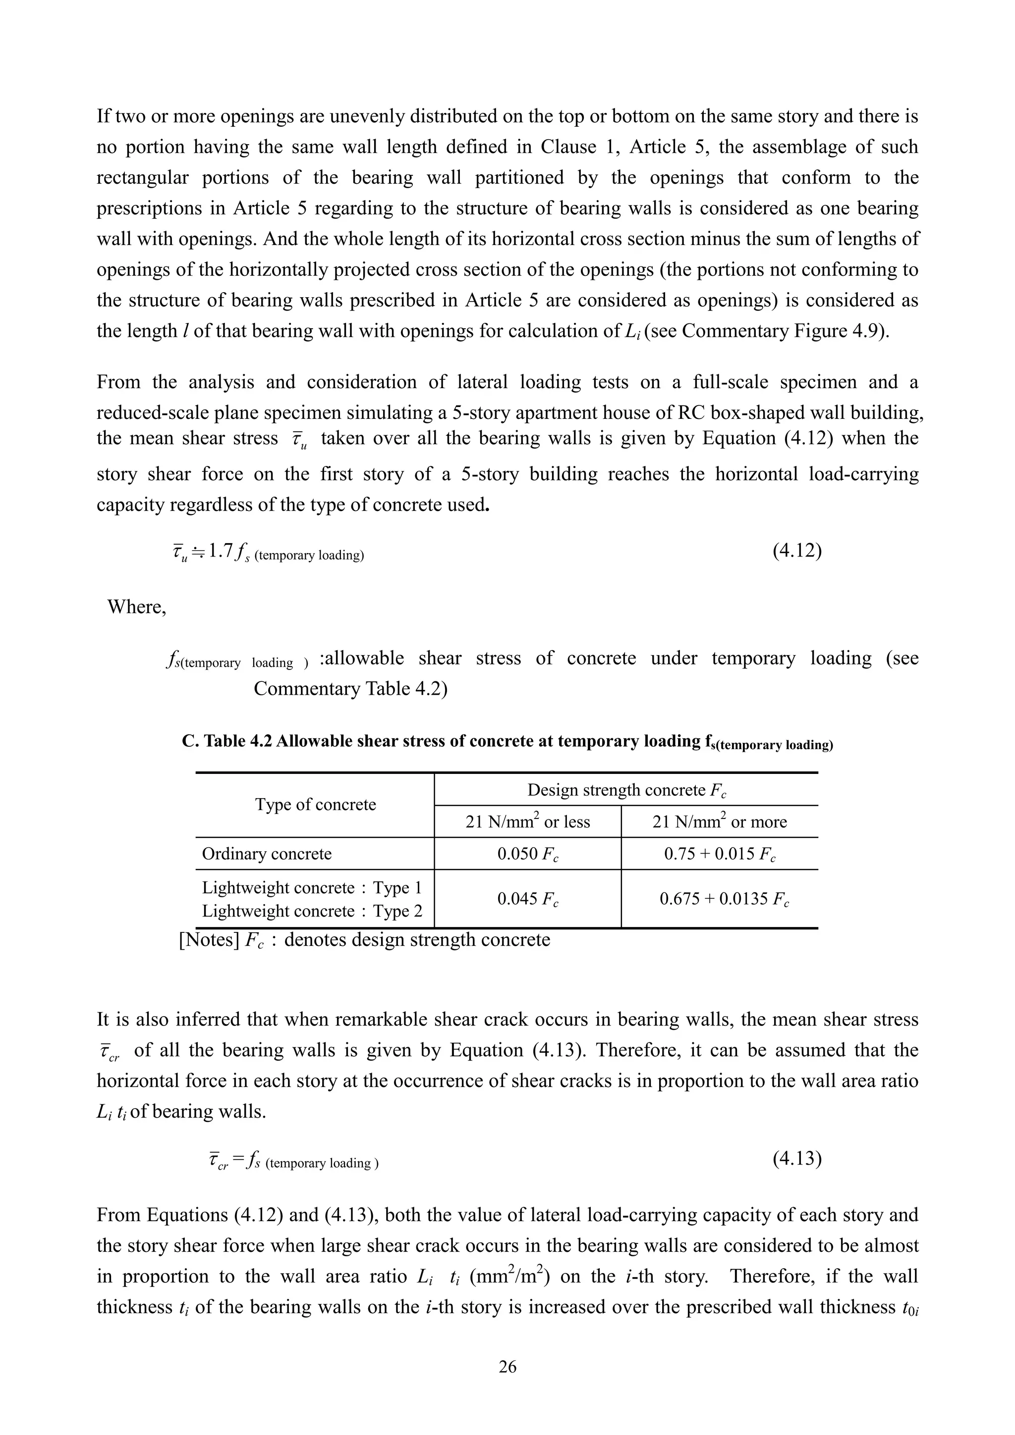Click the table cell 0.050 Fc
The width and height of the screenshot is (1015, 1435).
528,854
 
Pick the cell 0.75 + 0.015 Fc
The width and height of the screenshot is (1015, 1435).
720,854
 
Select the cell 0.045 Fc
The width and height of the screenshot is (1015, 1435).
528,899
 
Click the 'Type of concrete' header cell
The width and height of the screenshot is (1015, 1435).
315,804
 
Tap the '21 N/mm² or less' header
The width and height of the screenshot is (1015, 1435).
528,821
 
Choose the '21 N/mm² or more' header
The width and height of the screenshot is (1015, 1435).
720,821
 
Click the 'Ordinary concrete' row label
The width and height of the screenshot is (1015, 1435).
267,854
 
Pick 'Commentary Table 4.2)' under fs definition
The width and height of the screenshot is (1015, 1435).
350,689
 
